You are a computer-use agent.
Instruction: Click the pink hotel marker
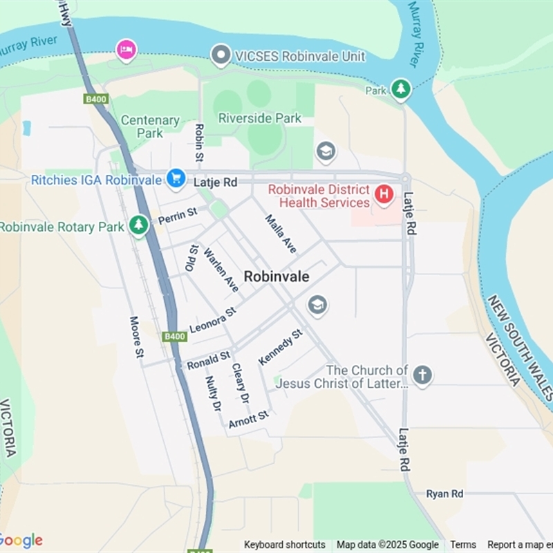pos(126,49)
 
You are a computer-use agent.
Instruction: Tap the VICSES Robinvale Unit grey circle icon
pos(221,55)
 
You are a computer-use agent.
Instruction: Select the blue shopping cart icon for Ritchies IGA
pos(176,179)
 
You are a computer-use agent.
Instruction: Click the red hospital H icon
pos(384,195)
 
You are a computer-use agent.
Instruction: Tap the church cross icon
pos(422,375)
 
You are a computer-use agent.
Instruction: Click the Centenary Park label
pos(150,126)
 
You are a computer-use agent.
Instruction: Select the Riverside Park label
pos(260,118)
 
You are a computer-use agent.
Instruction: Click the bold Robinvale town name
pos(276,276)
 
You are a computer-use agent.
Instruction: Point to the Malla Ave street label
pos(281,234)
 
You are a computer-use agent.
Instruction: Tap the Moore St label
pos(136,337)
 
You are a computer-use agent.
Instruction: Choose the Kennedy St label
pos(280,348)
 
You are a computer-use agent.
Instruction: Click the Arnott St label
pos(248,419)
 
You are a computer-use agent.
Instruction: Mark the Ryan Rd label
pos(444,494)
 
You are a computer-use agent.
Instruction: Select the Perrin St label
pos(178,216)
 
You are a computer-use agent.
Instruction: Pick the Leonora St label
pos(213,320)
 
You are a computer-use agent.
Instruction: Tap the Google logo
pos(21,541)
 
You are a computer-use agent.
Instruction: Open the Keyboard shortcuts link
pos(285,545)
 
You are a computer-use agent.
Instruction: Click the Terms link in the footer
pos(463,545)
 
